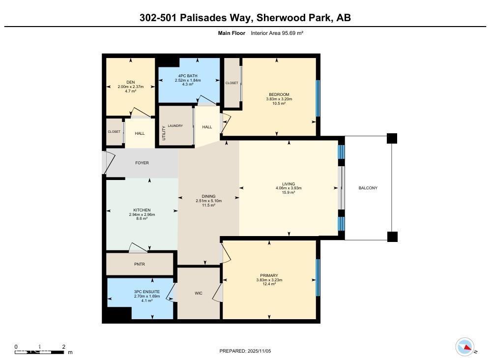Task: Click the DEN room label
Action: [130, 82]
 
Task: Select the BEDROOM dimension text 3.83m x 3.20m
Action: [279, 99]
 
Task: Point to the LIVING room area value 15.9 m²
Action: [289, 192]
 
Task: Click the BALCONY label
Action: [368, 188]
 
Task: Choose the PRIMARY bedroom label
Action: [269, 275]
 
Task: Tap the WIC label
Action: [199, 293]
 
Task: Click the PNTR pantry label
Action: [140, 264]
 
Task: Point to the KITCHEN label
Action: [142, 210]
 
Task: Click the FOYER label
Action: [142, 163]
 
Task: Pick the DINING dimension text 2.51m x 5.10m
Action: [209, 201]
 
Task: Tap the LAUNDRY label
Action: [175, 126]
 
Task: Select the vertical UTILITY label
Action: [164, 133]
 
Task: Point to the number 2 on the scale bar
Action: [64, 347]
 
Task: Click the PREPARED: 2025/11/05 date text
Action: [245, 351]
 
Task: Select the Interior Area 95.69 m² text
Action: [277, 33]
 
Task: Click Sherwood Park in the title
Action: [294, 18]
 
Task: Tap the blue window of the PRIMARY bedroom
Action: [318, 278]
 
